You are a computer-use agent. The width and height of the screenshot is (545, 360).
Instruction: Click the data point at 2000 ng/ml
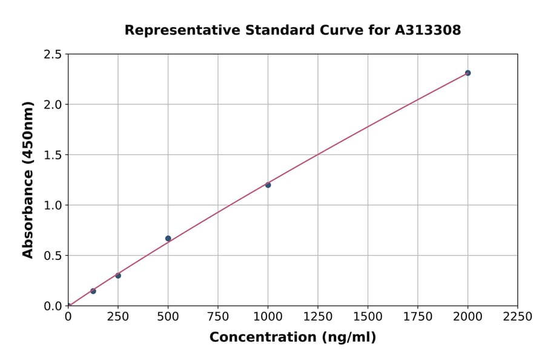[x=467, y=73]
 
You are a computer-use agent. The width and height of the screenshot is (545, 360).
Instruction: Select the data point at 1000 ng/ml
[x=268, y=185]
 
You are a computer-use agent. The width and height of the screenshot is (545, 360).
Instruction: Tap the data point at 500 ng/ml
[x=168, y=238]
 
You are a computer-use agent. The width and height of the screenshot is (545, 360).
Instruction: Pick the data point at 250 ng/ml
[x=118, y=275]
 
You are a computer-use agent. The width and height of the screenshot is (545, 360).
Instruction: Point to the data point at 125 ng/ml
[x=93, y=291]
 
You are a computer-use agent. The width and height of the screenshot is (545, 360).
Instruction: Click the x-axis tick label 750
[x=218, y=316]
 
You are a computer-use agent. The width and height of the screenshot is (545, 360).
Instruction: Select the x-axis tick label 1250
[x=318, y=316]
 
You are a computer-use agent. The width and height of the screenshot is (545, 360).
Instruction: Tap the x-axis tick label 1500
[x=368, y=316]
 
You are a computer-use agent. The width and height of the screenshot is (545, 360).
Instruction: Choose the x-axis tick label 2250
[x=518, y=316]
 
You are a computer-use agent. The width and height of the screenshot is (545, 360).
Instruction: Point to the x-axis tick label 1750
[x=418, y=316]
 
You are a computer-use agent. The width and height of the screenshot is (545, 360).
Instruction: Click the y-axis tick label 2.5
[x=53, y=55]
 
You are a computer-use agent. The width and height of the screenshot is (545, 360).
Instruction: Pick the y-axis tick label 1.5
[x=53, y=155]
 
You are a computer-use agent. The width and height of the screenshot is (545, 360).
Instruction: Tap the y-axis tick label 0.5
[x=53, y=256]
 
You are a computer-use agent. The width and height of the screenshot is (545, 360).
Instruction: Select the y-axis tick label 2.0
[x=53, y=105]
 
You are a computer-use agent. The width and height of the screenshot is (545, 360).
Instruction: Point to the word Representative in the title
[x=167, y=30]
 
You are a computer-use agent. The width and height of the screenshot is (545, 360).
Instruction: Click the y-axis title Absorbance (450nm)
[x=28, y=180]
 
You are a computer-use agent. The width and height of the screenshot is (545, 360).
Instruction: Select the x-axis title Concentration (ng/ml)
[x=292, y=337]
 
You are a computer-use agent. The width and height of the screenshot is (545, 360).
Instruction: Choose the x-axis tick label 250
[x=118, y=316]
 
